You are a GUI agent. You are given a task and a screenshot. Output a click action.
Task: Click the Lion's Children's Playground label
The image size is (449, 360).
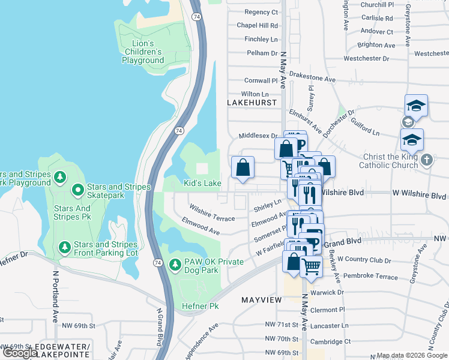[x=143, y=52]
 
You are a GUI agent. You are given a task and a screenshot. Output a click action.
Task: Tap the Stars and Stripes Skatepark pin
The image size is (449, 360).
[x=77, y=191]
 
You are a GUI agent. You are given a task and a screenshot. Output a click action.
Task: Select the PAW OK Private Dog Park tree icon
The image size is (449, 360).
[x=175, y=265]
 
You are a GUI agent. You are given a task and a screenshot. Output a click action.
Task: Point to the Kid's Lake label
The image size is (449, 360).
[x=202, y=183]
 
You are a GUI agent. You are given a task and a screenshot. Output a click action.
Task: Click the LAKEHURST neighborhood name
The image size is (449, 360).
[x=252, y=103]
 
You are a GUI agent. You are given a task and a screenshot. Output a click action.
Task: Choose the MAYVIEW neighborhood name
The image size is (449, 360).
[x=262, y=299]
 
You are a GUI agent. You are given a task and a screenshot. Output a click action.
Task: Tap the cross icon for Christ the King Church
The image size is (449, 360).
[x=426, y=160]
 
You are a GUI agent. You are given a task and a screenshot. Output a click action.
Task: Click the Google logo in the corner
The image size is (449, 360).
[x=20, y=353]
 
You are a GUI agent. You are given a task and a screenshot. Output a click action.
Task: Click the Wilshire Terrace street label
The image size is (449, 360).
[x=212, y=212]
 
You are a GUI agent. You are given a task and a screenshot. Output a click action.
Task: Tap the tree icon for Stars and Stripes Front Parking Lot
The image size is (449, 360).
[x=64, y=247]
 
